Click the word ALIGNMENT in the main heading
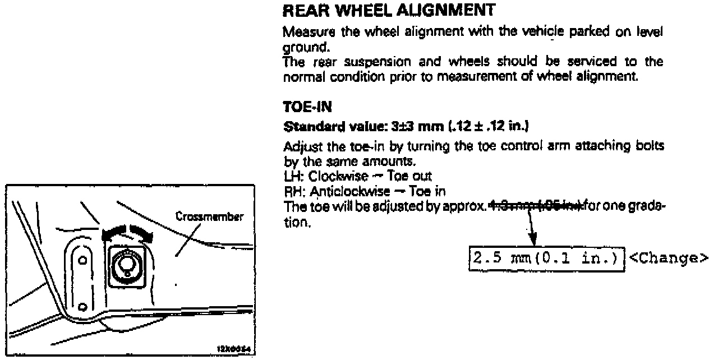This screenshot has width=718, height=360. click(x=449, y=10)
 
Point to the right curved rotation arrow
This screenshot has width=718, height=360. click(x=140, y=233)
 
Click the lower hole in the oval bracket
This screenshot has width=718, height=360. click(x=82, y=306)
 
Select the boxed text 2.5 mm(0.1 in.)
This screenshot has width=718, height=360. click(x=546, y=259)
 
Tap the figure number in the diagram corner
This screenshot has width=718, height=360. click(x=235, y=348)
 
